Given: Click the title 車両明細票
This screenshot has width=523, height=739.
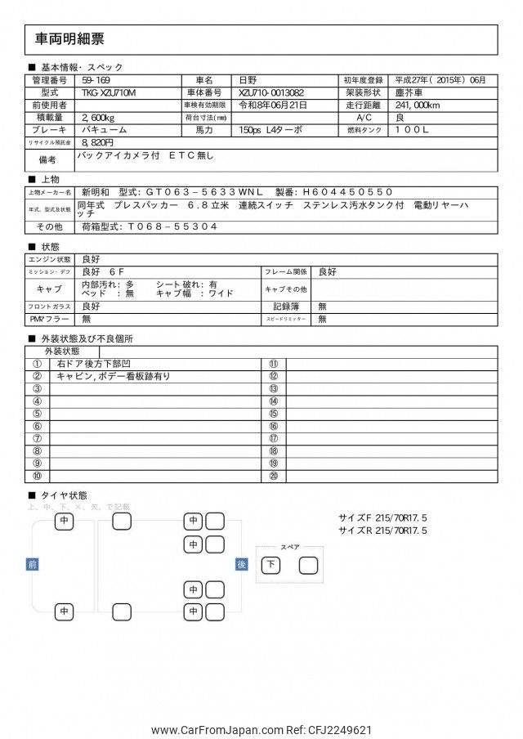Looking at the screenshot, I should click(x=70, y=39).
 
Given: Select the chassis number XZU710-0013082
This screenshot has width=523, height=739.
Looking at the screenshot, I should click(x=271, y=93).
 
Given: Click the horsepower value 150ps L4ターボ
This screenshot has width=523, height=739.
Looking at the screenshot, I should click(x=270, y=130).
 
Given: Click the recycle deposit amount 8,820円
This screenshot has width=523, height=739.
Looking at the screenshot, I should click(x=97, y=142).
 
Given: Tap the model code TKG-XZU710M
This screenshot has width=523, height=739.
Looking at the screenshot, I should click(x=110, y=93).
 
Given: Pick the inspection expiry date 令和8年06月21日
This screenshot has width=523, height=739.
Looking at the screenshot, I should click(x=272, y=105).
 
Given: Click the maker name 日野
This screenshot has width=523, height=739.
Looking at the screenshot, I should click(x=247, y=81).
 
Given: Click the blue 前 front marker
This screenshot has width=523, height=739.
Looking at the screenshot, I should click(x=32, y=564).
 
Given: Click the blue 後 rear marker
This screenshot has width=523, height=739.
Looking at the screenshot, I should click(x=241, y=564).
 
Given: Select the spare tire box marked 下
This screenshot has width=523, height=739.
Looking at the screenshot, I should click(x=271, y=565).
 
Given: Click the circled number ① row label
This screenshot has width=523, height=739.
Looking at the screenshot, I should click(x=37, y=364).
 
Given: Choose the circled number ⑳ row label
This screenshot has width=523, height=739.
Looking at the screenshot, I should click(x=273, y=476).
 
